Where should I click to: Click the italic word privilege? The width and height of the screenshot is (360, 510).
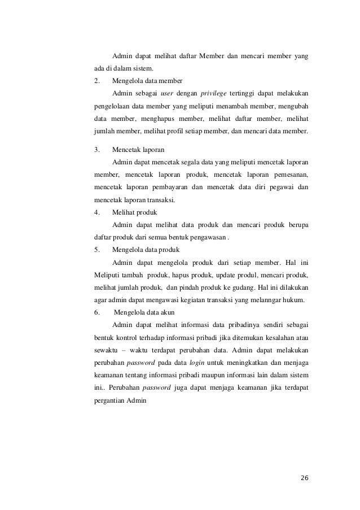pyautogui.click(x=213, y=93)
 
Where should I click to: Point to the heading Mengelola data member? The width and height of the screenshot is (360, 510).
pyautogui.click(x=147, y=80)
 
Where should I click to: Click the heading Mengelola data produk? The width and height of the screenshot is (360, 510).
pyautogui.click(x=146, y=250)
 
